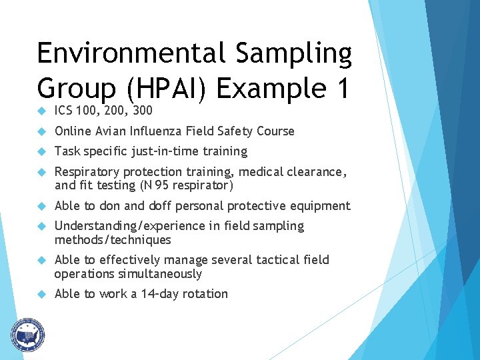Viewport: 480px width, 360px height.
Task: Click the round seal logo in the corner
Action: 27,334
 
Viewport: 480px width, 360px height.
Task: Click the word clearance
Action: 317,172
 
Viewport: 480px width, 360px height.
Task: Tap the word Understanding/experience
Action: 127,226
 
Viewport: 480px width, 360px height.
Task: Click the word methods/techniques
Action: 113,240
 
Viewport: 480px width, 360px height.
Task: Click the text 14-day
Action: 159,294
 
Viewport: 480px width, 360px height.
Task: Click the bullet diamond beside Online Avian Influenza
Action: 41,131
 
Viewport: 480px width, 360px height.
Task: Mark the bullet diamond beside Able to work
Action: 41,294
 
